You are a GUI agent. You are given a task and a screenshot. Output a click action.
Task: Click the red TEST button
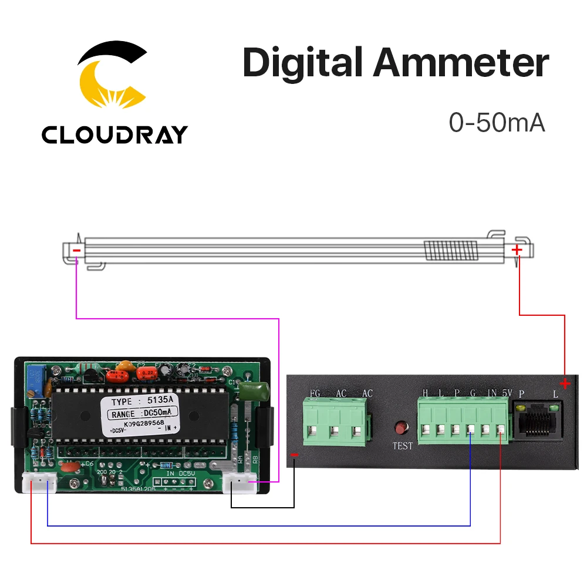[x=403, y=427]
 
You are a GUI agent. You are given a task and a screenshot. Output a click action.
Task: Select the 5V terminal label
[x=508, y=393]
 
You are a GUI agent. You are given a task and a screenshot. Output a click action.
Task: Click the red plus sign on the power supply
[x=565, y=384]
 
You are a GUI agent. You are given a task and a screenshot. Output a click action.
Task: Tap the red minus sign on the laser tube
[x=76, y=251]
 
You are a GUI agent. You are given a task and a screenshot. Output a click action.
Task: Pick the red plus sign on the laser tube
[x=516, y=250]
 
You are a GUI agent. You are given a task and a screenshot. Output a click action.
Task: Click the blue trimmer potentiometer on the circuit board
[x=37, y=374]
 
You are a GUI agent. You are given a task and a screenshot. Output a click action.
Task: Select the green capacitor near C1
[x=258, y=390]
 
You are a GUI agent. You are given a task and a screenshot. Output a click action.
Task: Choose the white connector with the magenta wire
[x=241, y=483]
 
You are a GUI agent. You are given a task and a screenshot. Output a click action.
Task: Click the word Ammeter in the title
[x=460, y=63]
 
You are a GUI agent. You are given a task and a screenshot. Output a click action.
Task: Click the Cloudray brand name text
[x=114, y=135]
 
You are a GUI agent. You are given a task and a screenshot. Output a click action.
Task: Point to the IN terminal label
[x=492, y=393]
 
